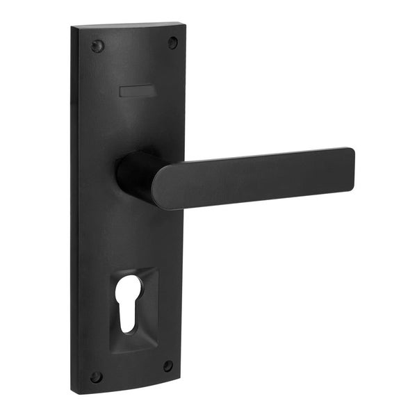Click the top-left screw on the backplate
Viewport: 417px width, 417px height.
[x=97, y=47]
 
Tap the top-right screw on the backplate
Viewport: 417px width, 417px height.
[x=172, y=42]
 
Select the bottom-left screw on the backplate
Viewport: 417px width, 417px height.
[x=97, y=377]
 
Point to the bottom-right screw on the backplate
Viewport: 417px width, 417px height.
[x=167, y=366]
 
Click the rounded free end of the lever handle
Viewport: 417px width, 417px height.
[x=347, y=167]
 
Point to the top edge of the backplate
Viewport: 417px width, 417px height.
[x=129, y=26]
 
